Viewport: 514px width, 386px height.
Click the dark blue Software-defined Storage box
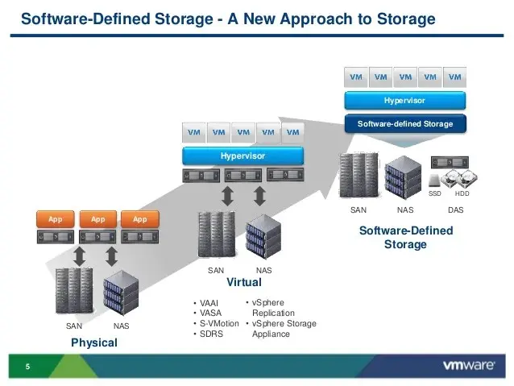[x=405, y=124]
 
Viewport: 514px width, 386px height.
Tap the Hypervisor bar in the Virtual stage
[x=243, y=156]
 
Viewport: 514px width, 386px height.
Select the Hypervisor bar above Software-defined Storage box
[x=405, y=101]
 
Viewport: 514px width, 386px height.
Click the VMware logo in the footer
[x=469, y=365]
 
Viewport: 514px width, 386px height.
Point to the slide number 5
[x=27, y=367]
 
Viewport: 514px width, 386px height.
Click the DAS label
[x=456, y=210]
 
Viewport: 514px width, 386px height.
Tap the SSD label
[x=435, y=193]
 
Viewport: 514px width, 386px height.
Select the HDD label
[x=462, y=193]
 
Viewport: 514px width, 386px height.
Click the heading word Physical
[x=94, y=342]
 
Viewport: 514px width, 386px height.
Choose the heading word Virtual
[x=244, y=282]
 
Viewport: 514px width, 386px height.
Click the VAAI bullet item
[x=209, y=303]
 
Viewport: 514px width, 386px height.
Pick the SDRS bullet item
[x=211, y=334]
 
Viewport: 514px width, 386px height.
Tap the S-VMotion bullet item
[x=219, y=323]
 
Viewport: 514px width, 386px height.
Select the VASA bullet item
[x=210, y=313]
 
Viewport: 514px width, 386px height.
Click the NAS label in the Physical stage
[x=122, y=326]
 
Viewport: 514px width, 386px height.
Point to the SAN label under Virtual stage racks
[x=216, y=271]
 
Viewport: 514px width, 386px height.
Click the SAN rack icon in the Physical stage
[x=74, y=291]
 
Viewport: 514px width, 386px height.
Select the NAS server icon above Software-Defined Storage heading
[x=403, y=177]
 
